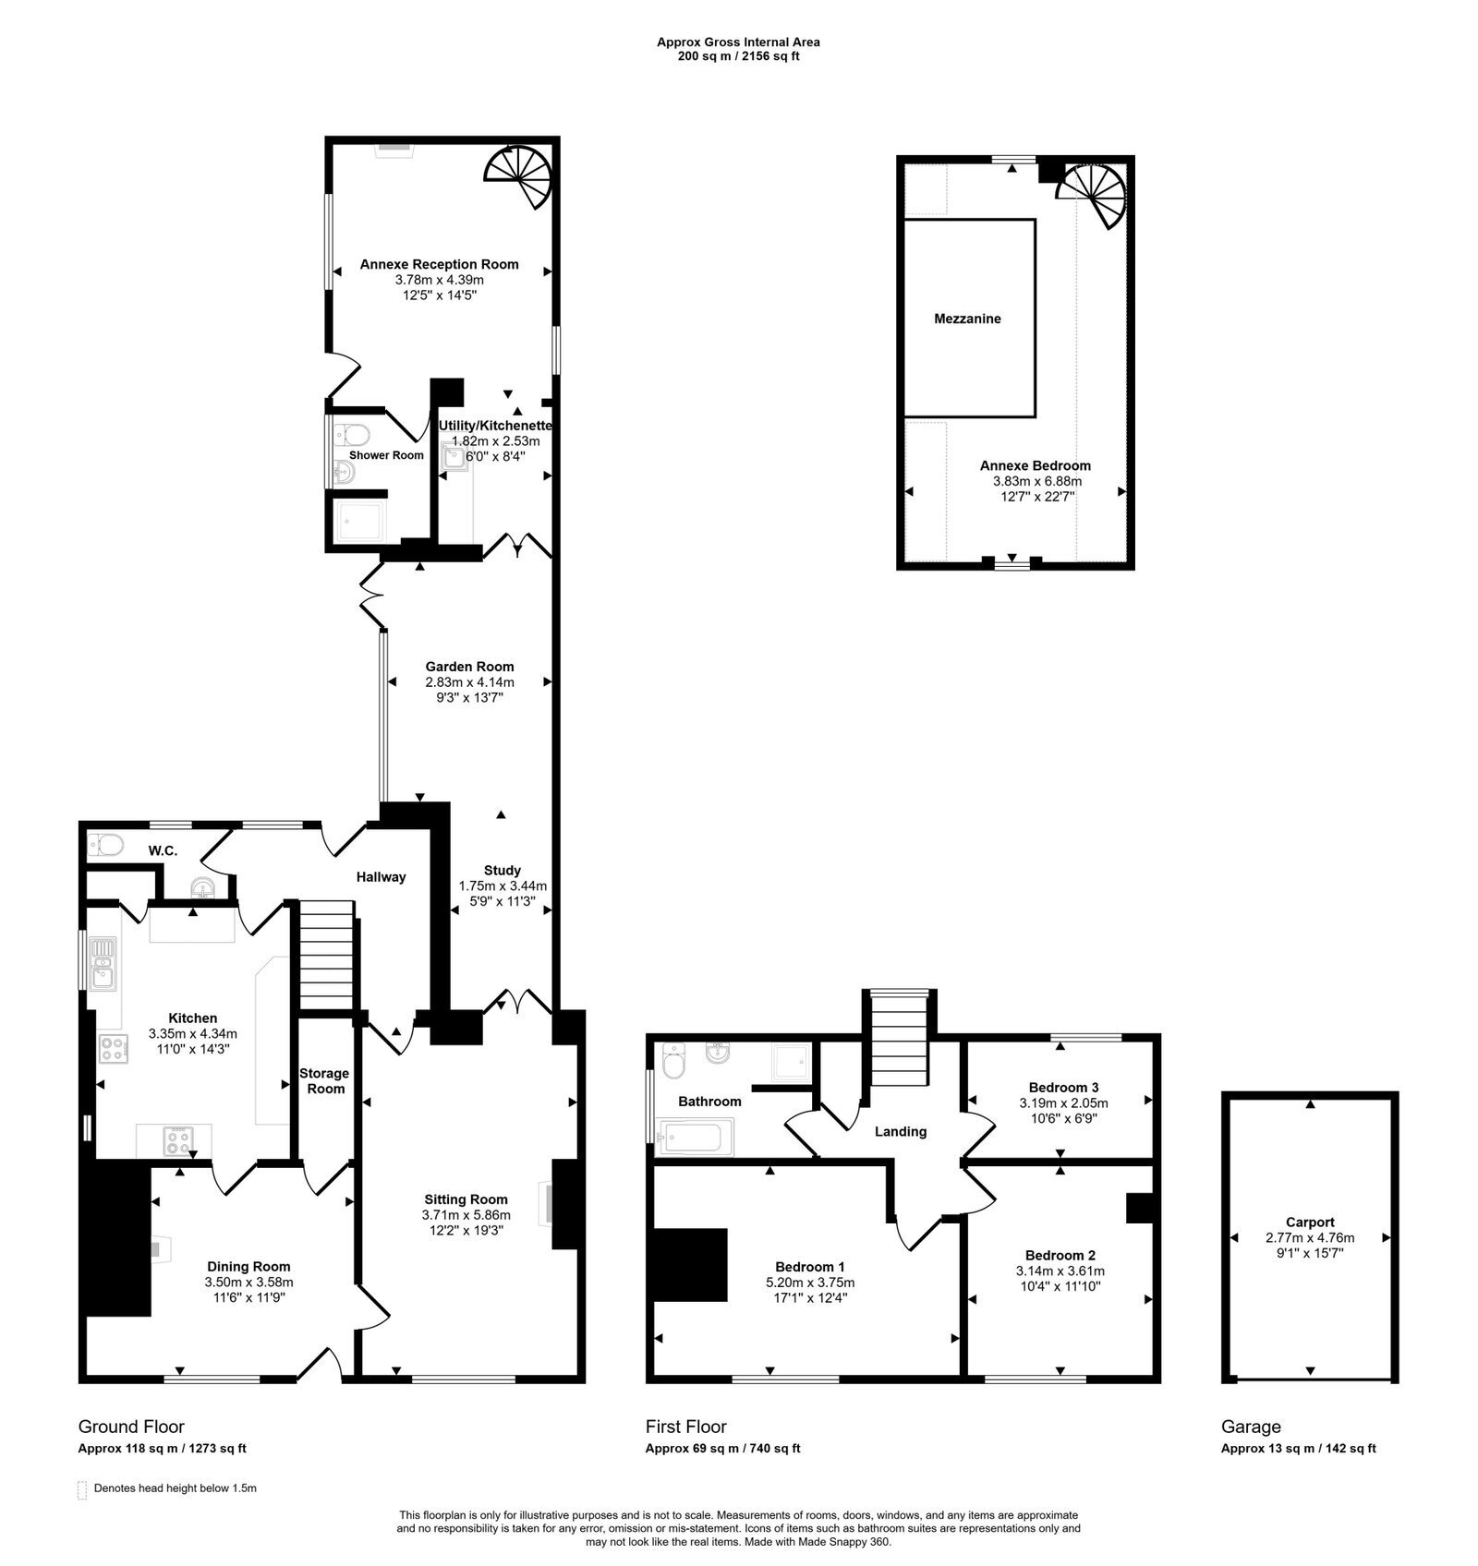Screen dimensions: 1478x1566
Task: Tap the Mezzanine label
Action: pyautogui.click(x=967, y=319)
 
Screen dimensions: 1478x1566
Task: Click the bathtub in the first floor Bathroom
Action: pyautogui.click(x=695, y=1137)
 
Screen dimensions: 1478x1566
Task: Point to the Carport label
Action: pyautogui.click(x=1310, y=1222)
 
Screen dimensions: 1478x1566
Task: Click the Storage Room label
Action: pyautogui.click(x=324, y=1080)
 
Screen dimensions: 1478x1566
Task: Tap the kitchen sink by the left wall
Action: pyautogui.click(x=102, y=963)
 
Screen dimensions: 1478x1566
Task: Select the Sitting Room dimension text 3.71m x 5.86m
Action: pyautogui.click(x=466, y=1215)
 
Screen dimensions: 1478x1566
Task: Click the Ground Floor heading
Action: pyautogui.click(x=131, y=1426)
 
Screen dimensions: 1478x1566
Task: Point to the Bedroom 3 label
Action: pyautogui.click(x=1063, y=1087)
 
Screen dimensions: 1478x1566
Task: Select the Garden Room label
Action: pyautogui.click(x=469, y=667)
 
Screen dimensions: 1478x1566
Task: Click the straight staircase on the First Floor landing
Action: pyautogui.click(x=900, y=1039)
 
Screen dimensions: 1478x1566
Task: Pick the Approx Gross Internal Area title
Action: pyautogui.click(x=738, y=42)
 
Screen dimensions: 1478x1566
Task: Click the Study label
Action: pyautogui.click(x=503, y=870)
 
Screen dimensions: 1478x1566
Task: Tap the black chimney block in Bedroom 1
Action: pyautogui.click(x=690, y=1264)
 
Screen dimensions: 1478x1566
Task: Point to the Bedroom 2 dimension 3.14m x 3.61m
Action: pyautogui.click(x=1060, y=1271)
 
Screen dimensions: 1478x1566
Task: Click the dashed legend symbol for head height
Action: pyautogui.click(x=83, y=1488)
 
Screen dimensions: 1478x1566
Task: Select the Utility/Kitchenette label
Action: pyautogui.click(x=495, y=426)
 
